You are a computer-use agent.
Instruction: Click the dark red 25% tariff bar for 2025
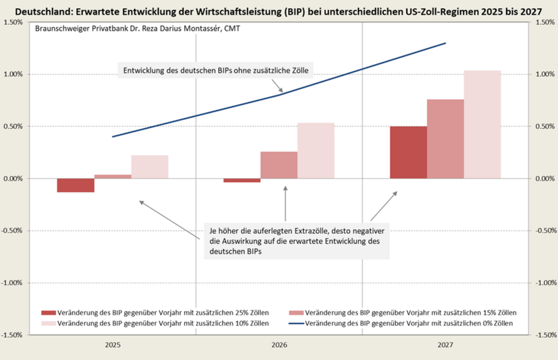[x=76, y=185]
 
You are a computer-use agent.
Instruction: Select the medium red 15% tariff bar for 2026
[x=279, y=165]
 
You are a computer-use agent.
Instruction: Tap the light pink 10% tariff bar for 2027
[x=482, y=125]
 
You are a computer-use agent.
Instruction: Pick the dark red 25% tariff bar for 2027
[x=408, y=152]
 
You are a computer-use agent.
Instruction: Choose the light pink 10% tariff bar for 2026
[x=316, y=150]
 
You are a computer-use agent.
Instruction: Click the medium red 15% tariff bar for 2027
[x=445, y=139]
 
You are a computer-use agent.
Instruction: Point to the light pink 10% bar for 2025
[x=150, y=167]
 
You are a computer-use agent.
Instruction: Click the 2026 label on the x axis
[x=279, y=345]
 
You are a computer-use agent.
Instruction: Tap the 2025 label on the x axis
[x=113, y=345]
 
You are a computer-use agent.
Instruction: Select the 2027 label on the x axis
[x=445, y=345]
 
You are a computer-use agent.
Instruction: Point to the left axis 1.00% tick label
[x=14, y=74]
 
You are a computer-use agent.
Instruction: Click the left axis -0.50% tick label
[x=13, y=231]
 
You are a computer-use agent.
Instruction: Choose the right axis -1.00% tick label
[x=544, y=282]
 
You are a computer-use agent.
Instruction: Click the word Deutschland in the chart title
[x=42, y=11]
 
